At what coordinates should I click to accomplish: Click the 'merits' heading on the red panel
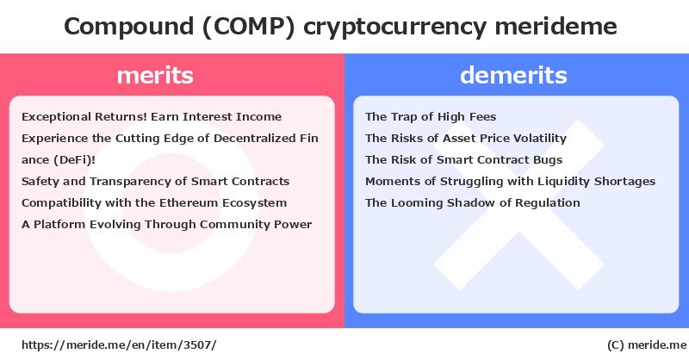(x=155, y=75)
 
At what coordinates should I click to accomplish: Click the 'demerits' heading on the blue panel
(x=513, y=75)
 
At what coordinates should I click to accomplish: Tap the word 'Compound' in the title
(x=128, y=27)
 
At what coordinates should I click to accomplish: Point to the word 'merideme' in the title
(x=556, y=26)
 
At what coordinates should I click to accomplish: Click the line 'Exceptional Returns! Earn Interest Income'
(x=152, y=117)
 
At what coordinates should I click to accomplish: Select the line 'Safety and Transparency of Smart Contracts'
(x=156, y=182)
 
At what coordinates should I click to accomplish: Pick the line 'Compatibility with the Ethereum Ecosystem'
(x=154, y=203)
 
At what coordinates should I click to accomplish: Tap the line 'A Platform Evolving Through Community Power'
(x=166, y=225)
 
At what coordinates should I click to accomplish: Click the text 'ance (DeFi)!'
(x=59, y=160)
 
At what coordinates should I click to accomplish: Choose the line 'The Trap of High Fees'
(x=431, y=117)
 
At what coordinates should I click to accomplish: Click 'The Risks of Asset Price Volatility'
(x=466, y=139)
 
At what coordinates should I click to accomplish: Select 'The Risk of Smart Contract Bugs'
(x=463, y=160)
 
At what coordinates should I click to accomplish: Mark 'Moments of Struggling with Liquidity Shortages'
(x=510, y=182)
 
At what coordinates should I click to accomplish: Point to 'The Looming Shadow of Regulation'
(x=472, y=203)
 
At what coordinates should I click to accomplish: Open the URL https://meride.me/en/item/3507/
(x=119, y=345)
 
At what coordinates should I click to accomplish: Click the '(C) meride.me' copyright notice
(x=647, y=345)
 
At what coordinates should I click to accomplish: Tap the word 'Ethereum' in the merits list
(x=189, y=203)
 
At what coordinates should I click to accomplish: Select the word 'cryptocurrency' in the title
(x=395, y=28)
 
